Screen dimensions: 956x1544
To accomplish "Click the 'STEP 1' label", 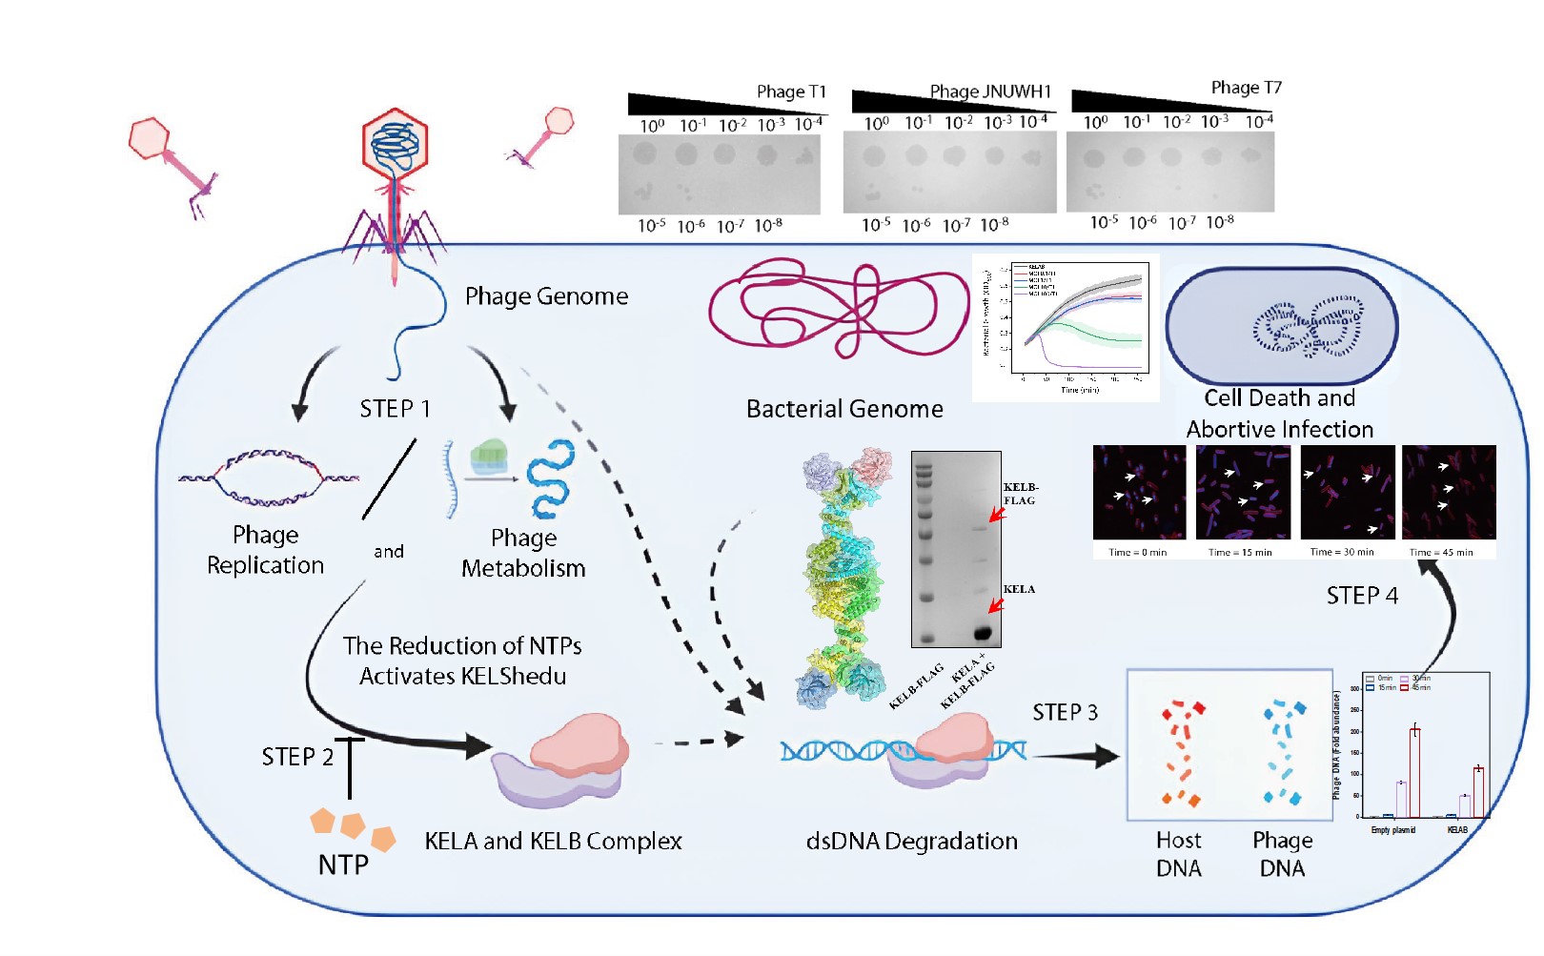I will point(395,409).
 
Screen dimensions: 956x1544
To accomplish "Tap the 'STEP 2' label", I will point(297,757).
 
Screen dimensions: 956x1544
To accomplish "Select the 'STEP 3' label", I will point(1065,713).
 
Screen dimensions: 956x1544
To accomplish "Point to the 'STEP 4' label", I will point(1362,596).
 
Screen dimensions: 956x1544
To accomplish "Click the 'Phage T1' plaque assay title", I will point(791,92).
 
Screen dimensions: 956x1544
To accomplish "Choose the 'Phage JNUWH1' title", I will point(990,92).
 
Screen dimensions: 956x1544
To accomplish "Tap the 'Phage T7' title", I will point(1246,88).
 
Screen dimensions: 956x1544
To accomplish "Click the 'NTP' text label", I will point(343,865).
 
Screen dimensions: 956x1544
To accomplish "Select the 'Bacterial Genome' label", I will point(844,409).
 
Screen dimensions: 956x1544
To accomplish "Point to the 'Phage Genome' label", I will point(546,296).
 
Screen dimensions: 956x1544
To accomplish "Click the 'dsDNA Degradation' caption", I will point(911,842).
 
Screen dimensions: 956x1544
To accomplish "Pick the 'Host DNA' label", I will point(1178,854).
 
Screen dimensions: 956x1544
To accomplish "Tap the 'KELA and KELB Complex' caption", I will point(553,842).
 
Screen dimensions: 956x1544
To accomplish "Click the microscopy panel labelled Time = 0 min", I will point(1139,493).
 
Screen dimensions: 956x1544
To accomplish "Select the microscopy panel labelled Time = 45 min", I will point(1449,493).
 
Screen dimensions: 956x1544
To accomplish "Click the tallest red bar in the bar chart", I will point(1415,772).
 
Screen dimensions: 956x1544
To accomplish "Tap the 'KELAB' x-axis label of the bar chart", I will point(1457,830).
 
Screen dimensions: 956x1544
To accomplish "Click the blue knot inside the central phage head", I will point(395,145).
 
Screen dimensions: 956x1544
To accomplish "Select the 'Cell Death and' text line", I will point(1279,398).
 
